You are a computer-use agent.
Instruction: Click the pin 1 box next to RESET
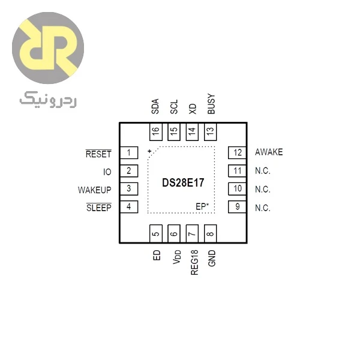pos(129,152)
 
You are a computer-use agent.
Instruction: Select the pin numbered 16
pos(156,132)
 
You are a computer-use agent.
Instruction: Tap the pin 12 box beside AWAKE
pos(237,152)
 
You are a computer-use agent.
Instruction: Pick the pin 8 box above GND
pos(211,233)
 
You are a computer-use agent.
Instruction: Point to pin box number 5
pos(156,233)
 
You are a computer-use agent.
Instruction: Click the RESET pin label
pos(98,154)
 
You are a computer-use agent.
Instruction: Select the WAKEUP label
pos(95,190)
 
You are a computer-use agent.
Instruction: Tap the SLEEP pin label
pos(99,208)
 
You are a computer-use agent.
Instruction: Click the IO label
pos(107,172)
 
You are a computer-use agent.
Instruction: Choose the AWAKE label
pos(269,152)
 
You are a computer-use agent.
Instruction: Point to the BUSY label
pos(211,104)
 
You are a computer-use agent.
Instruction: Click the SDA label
pos(155,106)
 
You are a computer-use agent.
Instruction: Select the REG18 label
pos(194,262)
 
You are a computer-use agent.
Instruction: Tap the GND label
pos(212,258)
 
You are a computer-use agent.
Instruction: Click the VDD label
pos(177,257)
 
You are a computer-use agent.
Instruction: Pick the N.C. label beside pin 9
pos(263,208)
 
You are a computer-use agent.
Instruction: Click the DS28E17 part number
pos(183,183)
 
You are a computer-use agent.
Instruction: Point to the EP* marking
pos(202,206)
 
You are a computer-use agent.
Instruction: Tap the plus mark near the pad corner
pos(149,151)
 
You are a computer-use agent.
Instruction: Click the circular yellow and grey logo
pos(48,48)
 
